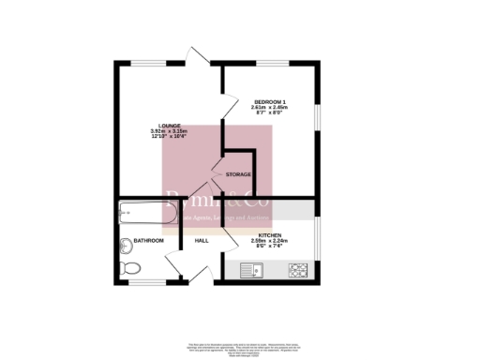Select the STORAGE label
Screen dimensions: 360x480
(x=238, y=175)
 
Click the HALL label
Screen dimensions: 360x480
(x=202, y=241)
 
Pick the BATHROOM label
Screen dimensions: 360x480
(x=148, y=241)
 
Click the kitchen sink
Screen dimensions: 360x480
(x=251, y=271)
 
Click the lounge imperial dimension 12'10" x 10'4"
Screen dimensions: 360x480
(x=169, y=137)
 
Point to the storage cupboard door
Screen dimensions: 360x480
(x=217, y=173)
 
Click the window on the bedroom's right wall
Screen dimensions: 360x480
(x=319, y=113)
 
